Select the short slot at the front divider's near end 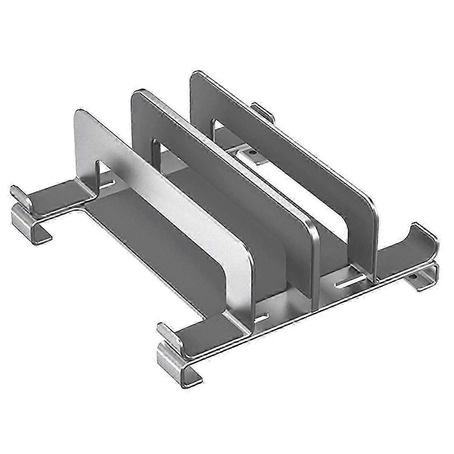261,319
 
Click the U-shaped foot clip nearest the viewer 178,361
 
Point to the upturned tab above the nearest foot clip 168,333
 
